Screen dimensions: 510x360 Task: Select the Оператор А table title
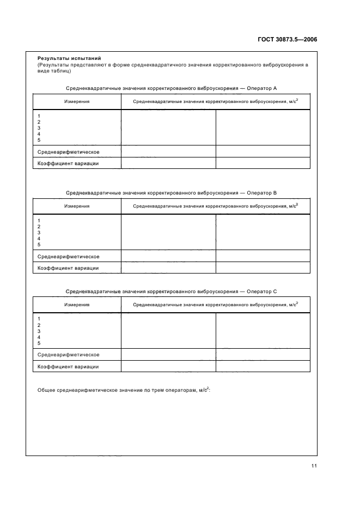(172, 88)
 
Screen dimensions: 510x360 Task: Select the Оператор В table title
(172, 193)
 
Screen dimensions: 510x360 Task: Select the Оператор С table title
(172, 292)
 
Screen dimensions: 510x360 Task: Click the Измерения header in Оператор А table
(77, 101)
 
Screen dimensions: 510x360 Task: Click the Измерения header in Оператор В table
(77, 206)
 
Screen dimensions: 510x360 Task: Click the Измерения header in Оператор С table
(77, 305)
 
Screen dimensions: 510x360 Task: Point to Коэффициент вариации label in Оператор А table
(68, 163)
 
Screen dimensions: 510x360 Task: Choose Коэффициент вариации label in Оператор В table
(68, 268)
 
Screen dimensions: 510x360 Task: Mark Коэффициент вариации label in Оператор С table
(68, 367)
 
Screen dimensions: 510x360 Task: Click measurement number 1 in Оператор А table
(39, 116)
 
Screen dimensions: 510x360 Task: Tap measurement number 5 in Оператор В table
(39, 245)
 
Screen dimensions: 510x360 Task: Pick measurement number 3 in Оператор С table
(39, 331)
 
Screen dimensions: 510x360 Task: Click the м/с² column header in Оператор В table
(215, 206)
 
